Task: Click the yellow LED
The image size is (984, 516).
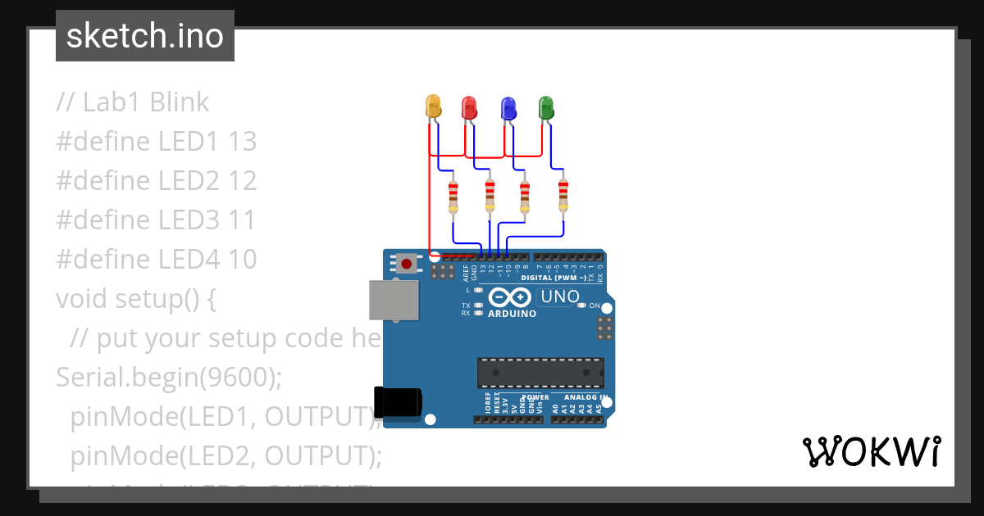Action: tap(433, 106)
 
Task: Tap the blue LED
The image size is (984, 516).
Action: tap(508, 107)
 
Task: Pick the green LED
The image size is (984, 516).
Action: tap(545, 107)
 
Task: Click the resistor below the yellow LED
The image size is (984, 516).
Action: tap(453, 197)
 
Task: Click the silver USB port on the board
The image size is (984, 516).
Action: tap(393, 300)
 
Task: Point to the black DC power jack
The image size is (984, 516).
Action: tap(398, 402)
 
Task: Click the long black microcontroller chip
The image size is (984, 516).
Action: tap(541, 372)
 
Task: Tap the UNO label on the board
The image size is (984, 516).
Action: tap(561, 296)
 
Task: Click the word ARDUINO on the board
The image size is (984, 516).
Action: tap(512, 314)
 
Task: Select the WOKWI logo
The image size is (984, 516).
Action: tap(871, 451)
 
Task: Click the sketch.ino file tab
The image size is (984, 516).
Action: tap(145, 36)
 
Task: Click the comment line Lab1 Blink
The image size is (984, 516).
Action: tap(133, 102)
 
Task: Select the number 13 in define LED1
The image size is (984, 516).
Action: tap(242, 142)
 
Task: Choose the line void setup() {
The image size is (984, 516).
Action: tap(136, 299)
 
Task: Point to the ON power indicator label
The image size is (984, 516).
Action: tap(594, 306)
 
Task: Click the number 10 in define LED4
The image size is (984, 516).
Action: tap(242, 260)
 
